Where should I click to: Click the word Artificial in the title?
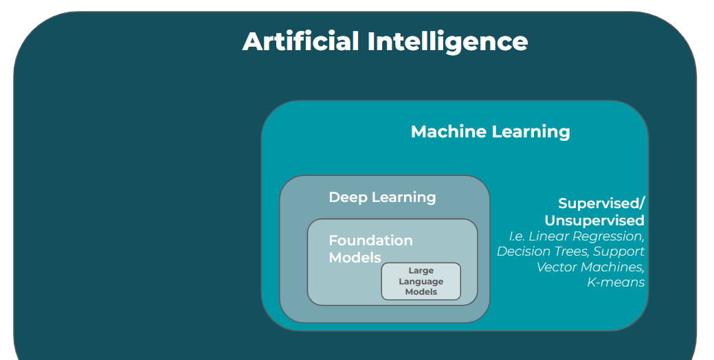coord(300,41)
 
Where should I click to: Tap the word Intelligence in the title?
coord(447,41)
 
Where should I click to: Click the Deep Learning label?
coord(382,197)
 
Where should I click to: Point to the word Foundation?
coord(370,240)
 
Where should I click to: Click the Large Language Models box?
coord(421,282)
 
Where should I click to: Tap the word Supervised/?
coord(601,203)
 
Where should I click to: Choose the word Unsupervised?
coord(594,221)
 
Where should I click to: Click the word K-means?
coord(616,282)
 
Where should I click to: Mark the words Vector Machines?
coord(590,267)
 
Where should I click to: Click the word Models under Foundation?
coord(355,258)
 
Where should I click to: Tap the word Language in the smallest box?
coord(421,282)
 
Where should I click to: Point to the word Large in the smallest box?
coord(421,271)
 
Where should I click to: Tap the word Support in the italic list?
coord(619,251)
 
